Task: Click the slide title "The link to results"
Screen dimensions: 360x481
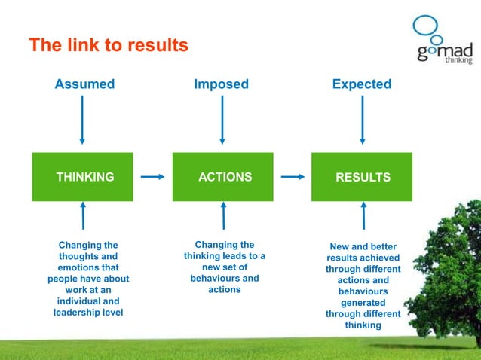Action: pyautogui.click(x=108, y=46)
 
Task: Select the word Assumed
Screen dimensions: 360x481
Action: pyautogui.click(x=84, y=84)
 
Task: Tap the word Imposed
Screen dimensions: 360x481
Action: pyautogui.click(x=221, y=84)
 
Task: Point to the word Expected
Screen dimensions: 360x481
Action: pyautogui.click(x=362, y=84)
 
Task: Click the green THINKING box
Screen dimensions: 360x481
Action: pyautogui.click(x=83, y=177)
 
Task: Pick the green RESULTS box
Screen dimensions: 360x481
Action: pyautogui.click(x=363, y=177)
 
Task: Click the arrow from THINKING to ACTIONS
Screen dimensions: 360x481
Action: pyautogui.click(x=152, y=178)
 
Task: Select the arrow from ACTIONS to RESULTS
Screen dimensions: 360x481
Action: pyautogui.click(x=293, y=178)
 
